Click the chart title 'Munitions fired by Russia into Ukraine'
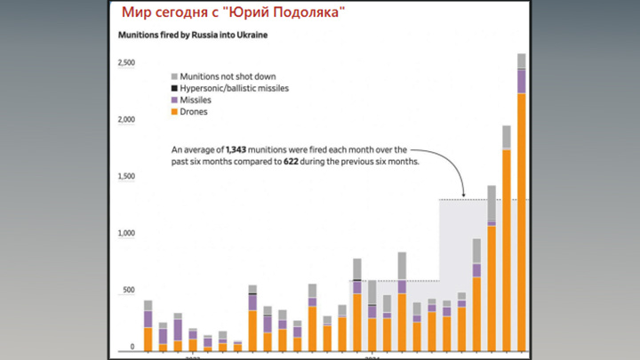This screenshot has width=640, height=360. tap(193, 36)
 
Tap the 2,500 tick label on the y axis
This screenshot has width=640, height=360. tap(127, 63)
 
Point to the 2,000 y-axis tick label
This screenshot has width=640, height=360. tap(127, 119)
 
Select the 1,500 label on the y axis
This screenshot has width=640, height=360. tap(127, 177)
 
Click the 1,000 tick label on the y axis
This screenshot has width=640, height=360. tap(127, 234)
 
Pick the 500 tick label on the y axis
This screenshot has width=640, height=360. tap(130, 290)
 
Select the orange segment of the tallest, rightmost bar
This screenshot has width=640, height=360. tap(522, 222)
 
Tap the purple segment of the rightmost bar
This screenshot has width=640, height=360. tap(522, 81)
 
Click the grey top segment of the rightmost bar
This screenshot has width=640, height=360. tap(522, 60)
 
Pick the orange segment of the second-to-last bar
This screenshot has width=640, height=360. tap(507, 249)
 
